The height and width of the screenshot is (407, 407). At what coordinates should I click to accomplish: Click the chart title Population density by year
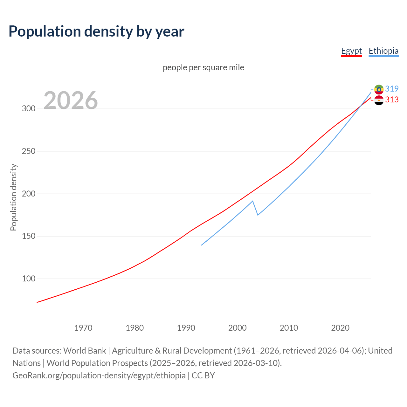coord(96,31)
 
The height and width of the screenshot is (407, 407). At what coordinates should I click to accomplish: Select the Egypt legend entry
coord(351,51)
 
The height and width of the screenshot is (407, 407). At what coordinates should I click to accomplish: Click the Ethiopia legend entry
coord(383,51)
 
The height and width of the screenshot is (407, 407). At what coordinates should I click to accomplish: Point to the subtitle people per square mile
coord(203,67)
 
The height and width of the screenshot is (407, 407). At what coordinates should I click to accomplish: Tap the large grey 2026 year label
coord(71,100)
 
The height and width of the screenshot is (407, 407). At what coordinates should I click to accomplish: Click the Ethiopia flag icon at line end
coord(379,89)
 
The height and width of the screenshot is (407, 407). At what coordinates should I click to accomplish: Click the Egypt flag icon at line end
coord(379,100)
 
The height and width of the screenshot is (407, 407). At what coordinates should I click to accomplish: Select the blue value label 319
coord(392,89)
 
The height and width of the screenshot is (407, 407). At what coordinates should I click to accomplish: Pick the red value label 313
coord(392,100)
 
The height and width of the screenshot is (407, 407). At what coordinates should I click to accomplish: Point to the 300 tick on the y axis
coord(29,109)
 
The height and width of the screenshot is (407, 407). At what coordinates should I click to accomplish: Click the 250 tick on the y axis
coord(29,151)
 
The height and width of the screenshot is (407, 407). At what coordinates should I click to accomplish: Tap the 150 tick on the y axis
coord(29,236)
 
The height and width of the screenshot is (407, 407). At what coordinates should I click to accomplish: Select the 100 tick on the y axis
coord(29,279)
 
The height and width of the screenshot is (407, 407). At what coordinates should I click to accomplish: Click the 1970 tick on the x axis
coord(83,328)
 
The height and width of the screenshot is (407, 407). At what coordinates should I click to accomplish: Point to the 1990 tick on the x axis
coord(186,328)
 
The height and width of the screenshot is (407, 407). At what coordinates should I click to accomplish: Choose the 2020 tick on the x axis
coord(340,328)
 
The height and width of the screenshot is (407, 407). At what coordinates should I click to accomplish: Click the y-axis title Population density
coord(13,197)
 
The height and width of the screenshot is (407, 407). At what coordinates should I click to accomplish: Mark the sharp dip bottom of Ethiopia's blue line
coord(258,215)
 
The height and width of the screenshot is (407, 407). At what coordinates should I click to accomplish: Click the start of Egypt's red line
coord(37,302)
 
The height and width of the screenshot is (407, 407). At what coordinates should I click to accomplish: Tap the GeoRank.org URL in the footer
coord(99,376)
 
